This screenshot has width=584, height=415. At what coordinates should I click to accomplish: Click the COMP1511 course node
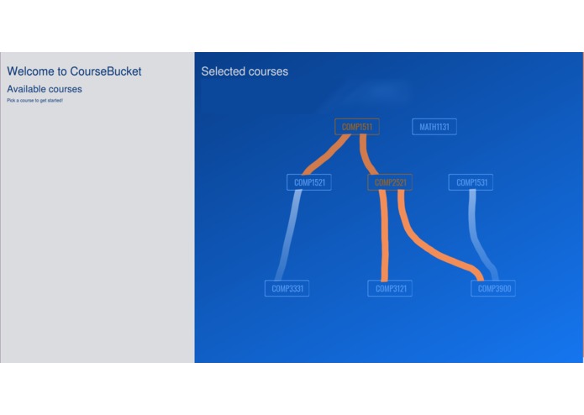click(356, 127)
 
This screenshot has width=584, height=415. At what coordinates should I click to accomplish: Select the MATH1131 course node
click(434, 127)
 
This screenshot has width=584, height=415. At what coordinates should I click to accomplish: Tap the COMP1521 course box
click(308, 182)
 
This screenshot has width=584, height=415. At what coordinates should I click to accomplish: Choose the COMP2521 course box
click(390, 182)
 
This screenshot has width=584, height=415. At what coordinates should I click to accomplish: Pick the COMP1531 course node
click(471, 182)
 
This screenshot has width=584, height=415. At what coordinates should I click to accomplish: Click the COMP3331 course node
click(287, 288)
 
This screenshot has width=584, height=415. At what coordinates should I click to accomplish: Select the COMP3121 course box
click(389, 288)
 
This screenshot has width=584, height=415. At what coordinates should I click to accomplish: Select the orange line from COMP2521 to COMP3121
click(385, 235)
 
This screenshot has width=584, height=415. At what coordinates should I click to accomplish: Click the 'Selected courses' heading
click(245, 71)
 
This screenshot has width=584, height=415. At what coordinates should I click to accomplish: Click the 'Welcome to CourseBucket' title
click(74, 71)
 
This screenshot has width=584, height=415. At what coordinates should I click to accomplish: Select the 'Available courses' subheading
click(45, 89)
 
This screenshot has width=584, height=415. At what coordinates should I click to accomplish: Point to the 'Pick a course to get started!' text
click(34, 101)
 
